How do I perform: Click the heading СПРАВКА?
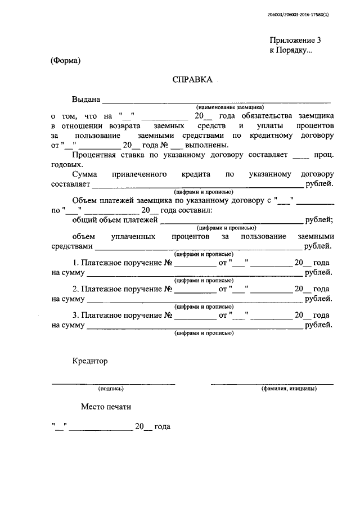click(192, 80)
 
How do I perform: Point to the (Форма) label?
click(66, 61)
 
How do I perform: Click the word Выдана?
click(85, 100)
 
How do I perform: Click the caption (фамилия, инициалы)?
click(288, 388)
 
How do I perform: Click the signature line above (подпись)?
click(113, 384)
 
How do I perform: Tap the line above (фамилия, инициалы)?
click(272, 384)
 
